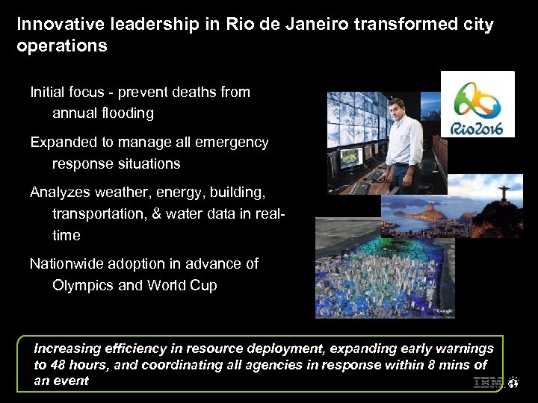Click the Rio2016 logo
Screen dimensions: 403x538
pyautogui.click(x=477, y=104)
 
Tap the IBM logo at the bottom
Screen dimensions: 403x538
pyautogui.click(x=488, y=384)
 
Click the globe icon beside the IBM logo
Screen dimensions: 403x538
pyautogui.click(x=513, y=384)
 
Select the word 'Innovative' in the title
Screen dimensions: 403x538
pyautogui.click(x=52, y=24)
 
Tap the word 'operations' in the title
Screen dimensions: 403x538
pyautogui.click(x=61, y=46)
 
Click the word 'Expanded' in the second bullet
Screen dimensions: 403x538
pyautogui.click(x=61, y=142)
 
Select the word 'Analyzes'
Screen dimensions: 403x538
pyautogui.click(x=59, y=193)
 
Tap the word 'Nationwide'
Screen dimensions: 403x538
pyautogui.click(x=67, y=263)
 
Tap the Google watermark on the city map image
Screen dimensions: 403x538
pyautogui.click(x=445, y=311)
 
